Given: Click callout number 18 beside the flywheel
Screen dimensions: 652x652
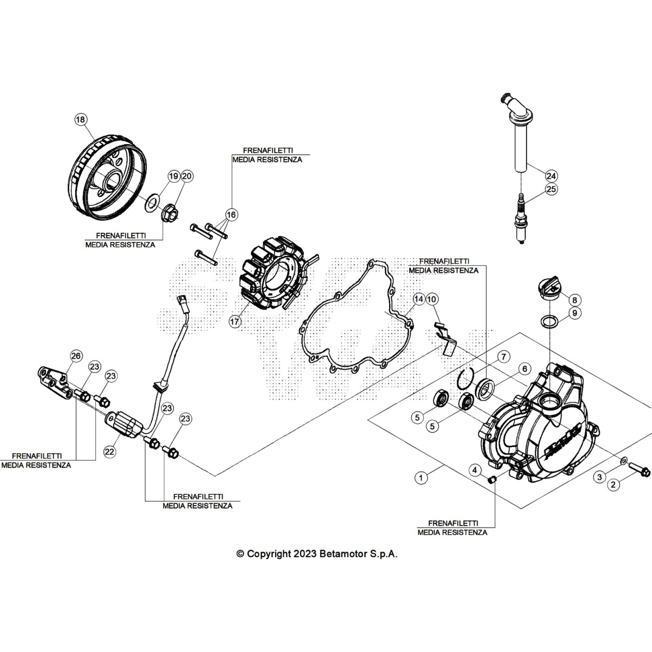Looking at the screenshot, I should [81, 119].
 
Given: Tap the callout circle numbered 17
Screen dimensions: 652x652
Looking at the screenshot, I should [235, 322].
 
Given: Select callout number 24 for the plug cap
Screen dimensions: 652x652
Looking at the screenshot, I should [551, 176].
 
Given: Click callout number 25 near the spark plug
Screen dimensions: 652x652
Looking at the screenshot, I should [551, 189].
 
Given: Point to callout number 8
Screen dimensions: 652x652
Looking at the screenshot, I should [575, 300].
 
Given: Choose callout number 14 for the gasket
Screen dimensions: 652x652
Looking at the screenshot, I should [419, 299].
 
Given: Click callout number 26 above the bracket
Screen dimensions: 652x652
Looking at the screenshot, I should [76, 356].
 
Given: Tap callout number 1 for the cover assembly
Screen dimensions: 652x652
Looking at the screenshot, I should [421, 478].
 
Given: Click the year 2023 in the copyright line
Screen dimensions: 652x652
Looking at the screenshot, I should [304, 554].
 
